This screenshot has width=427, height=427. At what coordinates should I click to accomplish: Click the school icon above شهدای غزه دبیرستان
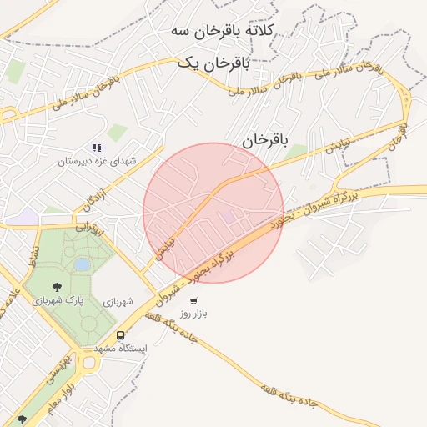[97, 148]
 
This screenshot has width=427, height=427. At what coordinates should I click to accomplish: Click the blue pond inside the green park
[82, 264]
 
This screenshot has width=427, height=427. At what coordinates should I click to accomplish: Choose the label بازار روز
[193, 314]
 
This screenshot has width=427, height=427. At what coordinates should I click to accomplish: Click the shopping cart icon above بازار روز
[193, 302]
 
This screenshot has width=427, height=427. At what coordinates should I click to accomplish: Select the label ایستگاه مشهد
[121, 347]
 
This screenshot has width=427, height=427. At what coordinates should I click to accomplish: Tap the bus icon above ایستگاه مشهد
[121, 335]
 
